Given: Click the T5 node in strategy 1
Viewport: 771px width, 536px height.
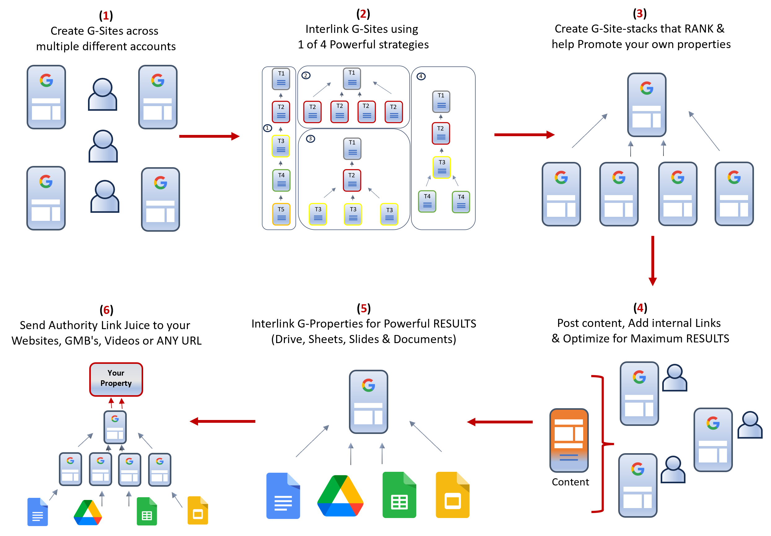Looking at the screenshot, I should click(281, 214).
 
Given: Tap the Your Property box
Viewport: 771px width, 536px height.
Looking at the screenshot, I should click(116, 379).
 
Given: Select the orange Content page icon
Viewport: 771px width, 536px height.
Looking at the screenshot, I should click(569, 440).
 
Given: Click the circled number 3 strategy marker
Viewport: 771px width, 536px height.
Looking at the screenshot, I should click(310, 139).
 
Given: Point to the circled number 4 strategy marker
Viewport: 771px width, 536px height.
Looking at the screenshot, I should click(421, 76).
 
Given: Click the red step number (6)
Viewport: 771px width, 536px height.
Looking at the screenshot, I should click(106, 310).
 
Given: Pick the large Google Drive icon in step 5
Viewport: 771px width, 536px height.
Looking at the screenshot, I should click(340, 496).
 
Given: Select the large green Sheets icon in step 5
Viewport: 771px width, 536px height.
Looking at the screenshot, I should click(399, 495).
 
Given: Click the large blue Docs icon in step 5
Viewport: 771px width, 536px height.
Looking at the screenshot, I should click(283, 496).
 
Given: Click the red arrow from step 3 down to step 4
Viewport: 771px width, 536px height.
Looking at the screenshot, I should click(652, 261).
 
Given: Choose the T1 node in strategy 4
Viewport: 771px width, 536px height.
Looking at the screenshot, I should click(441, 101).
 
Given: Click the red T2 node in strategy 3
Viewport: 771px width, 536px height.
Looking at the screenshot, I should click(352, 180).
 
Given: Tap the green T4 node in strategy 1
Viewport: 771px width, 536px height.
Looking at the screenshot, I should click(281, 180).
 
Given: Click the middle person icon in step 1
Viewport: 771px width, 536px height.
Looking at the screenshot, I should click(103, 146).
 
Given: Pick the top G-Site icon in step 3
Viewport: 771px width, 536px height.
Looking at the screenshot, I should click(646, 105).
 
